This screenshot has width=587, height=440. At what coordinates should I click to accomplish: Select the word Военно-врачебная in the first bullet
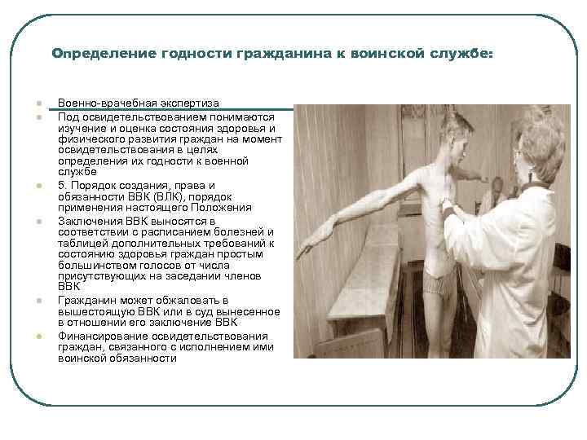coord(99,104)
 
